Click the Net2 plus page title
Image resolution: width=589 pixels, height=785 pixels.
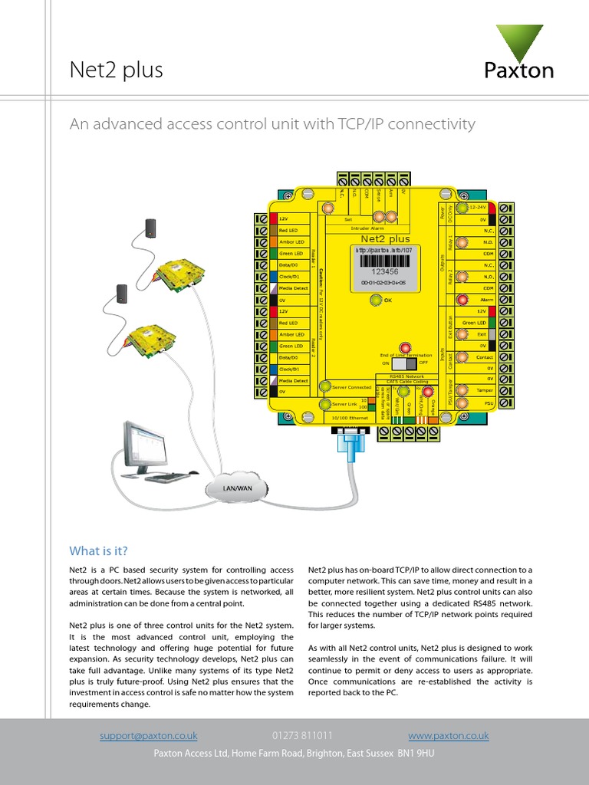(x=117, y=71)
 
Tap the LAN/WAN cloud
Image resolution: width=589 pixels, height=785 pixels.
(x=237, y=488)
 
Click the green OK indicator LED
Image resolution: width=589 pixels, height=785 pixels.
(x=376, y=300)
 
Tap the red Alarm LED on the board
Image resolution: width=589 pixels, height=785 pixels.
(x=462, y=300)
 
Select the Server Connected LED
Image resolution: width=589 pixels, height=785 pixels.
(x=325, y=387)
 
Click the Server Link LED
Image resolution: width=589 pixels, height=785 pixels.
(x=325, y=404)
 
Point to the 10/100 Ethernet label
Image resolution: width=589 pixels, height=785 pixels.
(x=344, y=419)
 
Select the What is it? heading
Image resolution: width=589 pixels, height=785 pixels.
(x=98, y=551)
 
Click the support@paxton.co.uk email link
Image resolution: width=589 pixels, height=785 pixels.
(x=148, y=736)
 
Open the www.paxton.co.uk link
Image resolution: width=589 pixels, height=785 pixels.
(x=449, y=736)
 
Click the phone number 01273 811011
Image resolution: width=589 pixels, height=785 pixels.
(x=302, y=736)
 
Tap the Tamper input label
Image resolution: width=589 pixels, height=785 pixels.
(x=485, y=390)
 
